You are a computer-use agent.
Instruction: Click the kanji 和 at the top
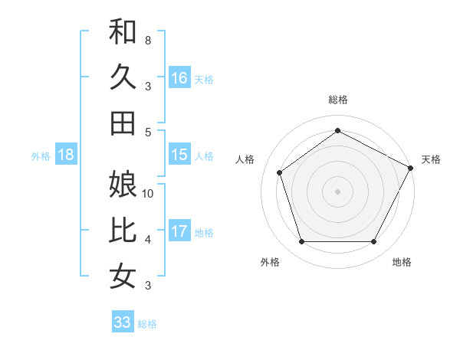123,32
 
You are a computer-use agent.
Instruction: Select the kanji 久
123,77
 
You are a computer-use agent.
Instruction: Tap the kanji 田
123,123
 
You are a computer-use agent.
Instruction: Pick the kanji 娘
123,185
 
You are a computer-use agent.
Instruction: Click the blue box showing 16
179,77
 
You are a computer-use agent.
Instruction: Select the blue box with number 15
179,155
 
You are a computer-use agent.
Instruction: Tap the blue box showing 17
179,231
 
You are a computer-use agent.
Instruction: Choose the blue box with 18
66,155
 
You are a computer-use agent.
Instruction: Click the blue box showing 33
123,322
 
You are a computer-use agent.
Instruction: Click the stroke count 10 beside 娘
148,194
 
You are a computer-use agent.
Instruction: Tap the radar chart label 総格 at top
338,100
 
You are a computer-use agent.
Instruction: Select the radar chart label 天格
431,159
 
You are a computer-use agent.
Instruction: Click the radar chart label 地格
402,263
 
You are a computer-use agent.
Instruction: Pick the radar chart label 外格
270,263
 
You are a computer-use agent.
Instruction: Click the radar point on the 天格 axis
411,168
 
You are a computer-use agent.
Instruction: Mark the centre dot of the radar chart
338,191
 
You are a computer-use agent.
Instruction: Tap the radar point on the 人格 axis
280,172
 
